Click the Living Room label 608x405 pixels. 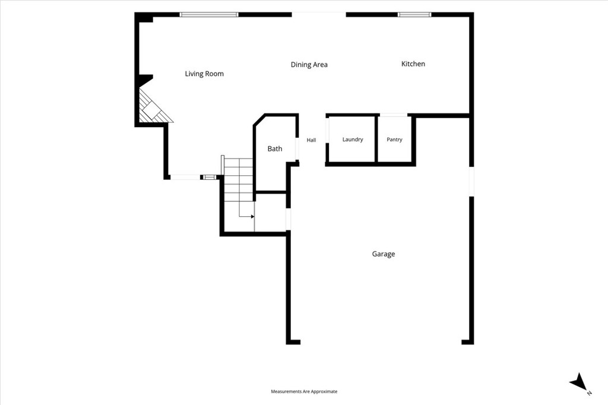(204, 74)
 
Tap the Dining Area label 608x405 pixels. (309, 64)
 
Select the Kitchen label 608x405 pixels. (413, 64)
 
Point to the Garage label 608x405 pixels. (384, 254)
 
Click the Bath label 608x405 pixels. (275, 148)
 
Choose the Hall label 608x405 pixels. (311, 140)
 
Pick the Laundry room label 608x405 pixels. (353, 140)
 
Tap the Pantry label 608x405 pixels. (394, 140)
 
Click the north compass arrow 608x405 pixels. (579, 381)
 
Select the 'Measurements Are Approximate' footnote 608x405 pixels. (304, 391)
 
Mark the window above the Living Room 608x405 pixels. (209, 15)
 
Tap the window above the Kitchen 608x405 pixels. (414, 15)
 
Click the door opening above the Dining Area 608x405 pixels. (319, 15)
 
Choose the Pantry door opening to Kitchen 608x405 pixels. (394, 115)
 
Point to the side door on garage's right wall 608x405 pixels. (471, 182)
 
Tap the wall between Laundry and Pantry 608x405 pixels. (376, 139)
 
